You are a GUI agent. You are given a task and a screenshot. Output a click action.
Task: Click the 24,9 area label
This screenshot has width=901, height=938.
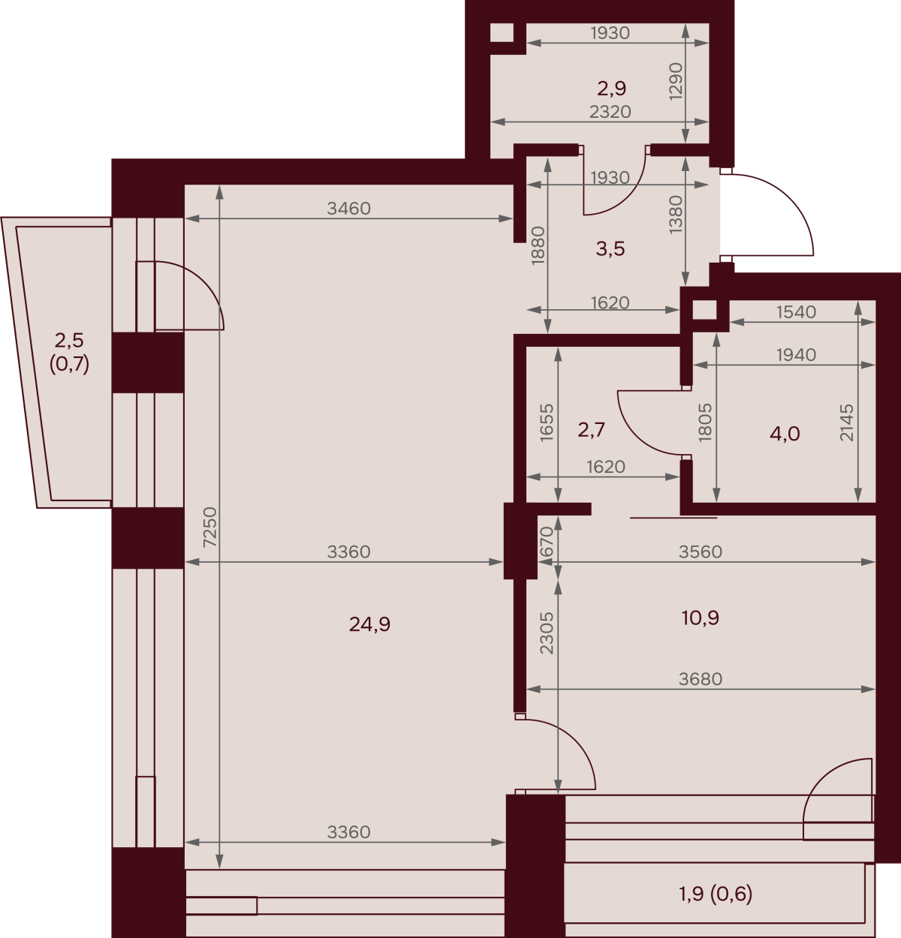point(369,624)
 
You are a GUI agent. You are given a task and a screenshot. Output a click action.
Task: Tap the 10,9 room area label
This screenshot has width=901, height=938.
point(701,618)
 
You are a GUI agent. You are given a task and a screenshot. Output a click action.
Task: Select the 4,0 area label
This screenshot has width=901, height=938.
point(785,434)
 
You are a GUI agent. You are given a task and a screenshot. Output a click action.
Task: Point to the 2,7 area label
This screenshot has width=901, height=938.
point(592,429)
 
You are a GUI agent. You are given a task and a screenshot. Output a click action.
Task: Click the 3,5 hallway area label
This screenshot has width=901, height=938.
point(610,249)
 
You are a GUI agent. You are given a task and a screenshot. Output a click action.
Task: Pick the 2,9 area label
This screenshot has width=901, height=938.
point(612,89)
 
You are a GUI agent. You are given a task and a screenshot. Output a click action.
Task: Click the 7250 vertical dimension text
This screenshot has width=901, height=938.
point(210,527)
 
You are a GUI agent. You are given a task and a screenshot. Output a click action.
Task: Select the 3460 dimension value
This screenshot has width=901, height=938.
point(348,208)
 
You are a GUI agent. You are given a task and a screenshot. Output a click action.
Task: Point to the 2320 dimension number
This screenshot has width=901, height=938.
point(610,112)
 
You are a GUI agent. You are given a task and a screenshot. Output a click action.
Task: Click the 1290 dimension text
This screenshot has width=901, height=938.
point(677,82)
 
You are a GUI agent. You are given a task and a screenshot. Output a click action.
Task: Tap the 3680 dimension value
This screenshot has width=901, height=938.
point(701,679)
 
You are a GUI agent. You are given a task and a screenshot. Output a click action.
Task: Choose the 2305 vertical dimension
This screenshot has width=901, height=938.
point(547,633)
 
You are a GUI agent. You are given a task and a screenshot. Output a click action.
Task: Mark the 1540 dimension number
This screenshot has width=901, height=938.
point(797,312)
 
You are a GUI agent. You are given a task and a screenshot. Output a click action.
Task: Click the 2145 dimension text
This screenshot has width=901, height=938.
point(847,422)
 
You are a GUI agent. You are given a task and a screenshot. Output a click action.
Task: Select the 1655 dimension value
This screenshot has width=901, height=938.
point(547,422)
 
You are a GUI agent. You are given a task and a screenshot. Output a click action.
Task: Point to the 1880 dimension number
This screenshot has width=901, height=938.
point(538,245)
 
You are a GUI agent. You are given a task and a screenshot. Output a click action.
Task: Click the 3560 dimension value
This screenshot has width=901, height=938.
point(701,552)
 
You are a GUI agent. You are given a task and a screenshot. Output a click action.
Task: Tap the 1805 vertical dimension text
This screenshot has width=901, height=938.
point(705,422)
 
